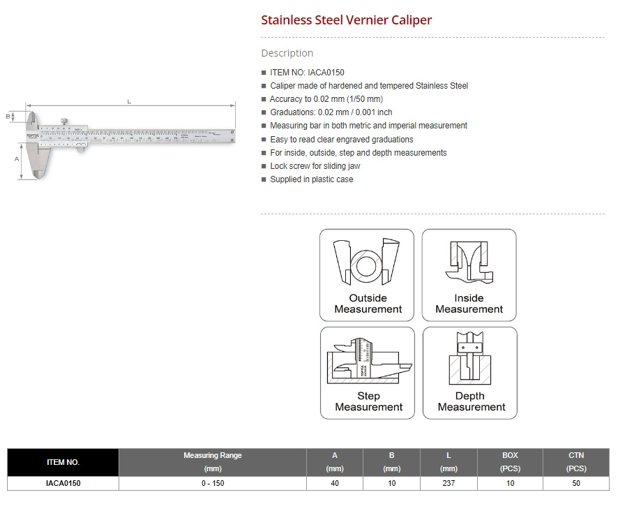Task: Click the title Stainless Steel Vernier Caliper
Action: point(346,20)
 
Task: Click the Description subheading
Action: point(287,53)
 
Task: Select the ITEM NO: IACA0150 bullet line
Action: point(307,73)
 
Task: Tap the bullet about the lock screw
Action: point(315,166)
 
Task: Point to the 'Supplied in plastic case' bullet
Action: point(311,179)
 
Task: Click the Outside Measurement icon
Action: point(367,275)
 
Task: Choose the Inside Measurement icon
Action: point(469,275)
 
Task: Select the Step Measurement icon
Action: point(368,373)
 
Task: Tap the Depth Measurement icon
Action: point(470,373)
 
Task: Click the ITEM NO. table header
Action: point(63,462)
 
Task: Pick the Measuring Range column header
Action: point(212,462)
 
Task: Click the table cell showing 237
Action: point(449,483)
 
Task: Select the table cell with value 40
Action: point(335,483)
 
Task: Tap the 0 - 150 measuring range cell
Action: point(212,483)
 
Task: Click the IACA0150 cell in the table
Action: point(63,483)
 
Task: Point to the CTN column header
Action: point(575,462)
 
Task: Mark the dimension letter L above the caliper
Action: point(129,102)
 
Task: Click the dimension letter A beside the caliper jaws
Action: point(15,158)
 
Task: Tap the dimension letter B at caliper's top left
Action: point(8,117)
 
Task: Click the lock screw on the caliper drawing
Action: point(63,121)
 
